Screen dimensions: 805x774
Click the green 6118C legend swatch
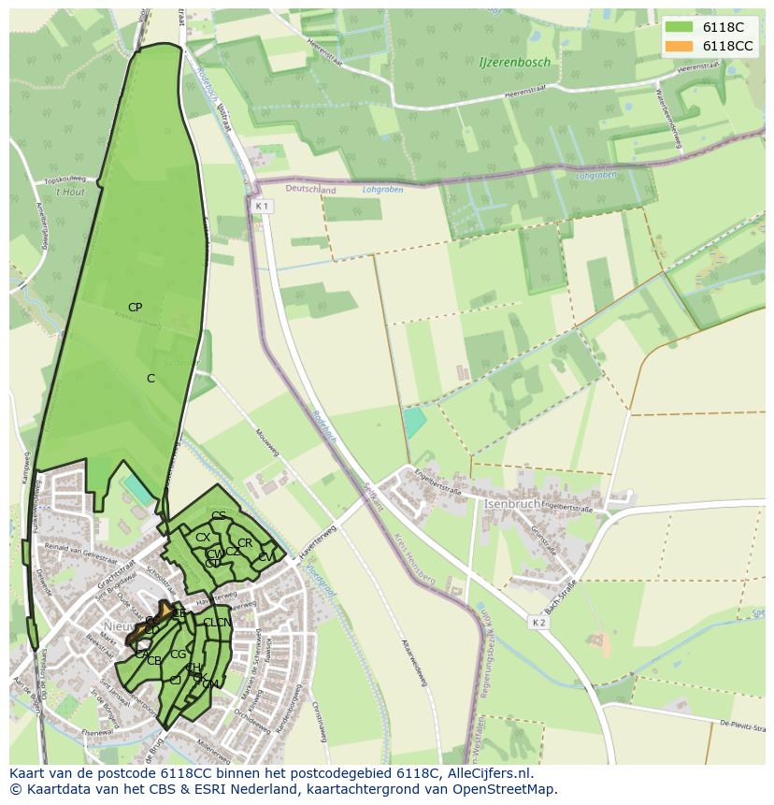(x=680, y=27)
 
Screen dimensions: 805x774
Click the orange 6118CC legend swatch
(x=680, y=46)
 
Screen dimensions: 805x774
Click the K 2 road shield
(x=538, y=622)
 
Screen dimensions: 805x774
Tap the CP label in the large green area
(x=135, y=308)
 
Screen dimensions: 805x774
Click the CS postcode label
(x=218, y=516)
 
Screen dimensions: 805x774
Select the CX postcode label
(x=202, y=538)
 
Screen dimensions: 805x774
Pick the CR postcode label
(x=245, y=543)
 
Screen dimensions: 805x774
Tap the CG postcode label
(x=178, y=654)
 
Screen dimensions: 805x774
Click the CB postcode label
(x=154, y=661)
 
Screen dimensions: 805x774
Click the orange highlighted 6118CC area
(x=165, y=611)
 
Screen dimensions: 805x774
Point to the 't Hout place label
(x=68, y=191)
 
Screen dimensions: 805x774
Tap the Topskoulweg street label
(x=65, y=179)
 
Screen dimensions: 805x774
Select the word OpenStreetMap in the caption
(x=507, y=789)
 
